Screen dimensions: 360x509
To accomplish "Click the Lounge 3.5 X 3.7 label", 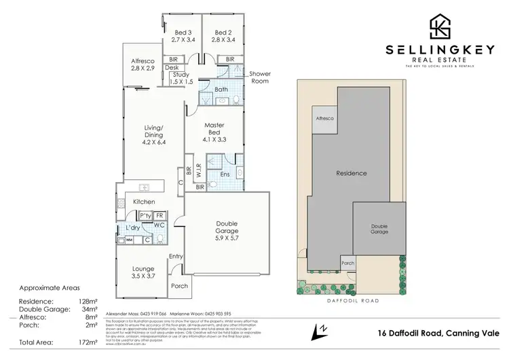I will tap(143, 274).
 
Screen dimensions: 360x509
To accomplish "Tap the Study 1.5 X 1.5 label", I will tap(181, 77).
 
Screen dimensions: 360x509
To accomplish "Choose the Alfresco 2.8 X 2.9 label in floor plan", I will tap(143, 65).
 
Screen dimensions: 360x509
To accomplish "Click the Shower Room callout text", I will tap(259, 77).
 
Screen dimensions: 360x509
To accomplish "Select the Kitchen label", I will tap(143, 202).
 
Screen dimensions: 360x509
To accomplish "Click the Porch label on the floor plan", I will tap(180, 286).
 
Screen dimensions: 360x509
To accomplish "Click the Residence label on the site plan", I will tap(352, 173).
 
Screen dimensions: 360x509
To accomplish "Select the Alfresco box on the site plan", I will tap(324, 118).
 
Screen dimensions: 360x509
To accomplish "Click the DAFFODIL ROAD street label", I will tap(352, 300).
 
